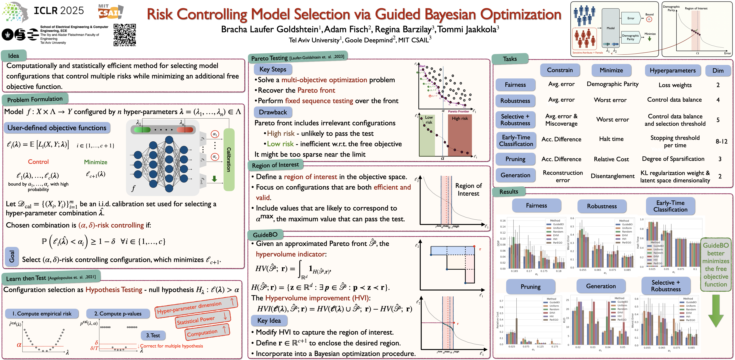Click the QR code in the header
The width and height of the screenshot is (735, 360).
click(125, 35)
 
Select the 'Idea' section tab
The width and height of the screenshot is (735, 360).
click(14, 56)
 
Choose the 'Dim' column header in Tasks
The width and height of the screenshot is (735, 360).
click(718, 70)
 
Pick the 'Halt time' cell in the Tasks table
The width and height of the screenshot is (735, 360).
click(611, 139)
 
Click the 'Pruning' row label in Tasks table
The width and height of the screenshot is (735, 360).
click(515, 159)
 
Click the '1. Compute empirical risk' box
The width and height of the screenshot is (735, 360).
click(42, 313)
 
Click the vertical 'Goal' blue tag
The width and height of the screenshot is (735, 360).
click(12, 256)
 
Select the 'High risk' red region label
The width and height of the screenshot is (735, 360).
click(460, 118)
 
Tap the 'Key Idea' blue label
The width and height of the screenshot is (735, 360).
click(269, 321)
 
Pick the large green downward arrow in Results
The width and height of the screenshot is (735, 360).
click(716, 311)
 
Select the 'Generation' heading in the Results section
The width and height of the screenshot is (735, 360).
click(601, 286)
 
